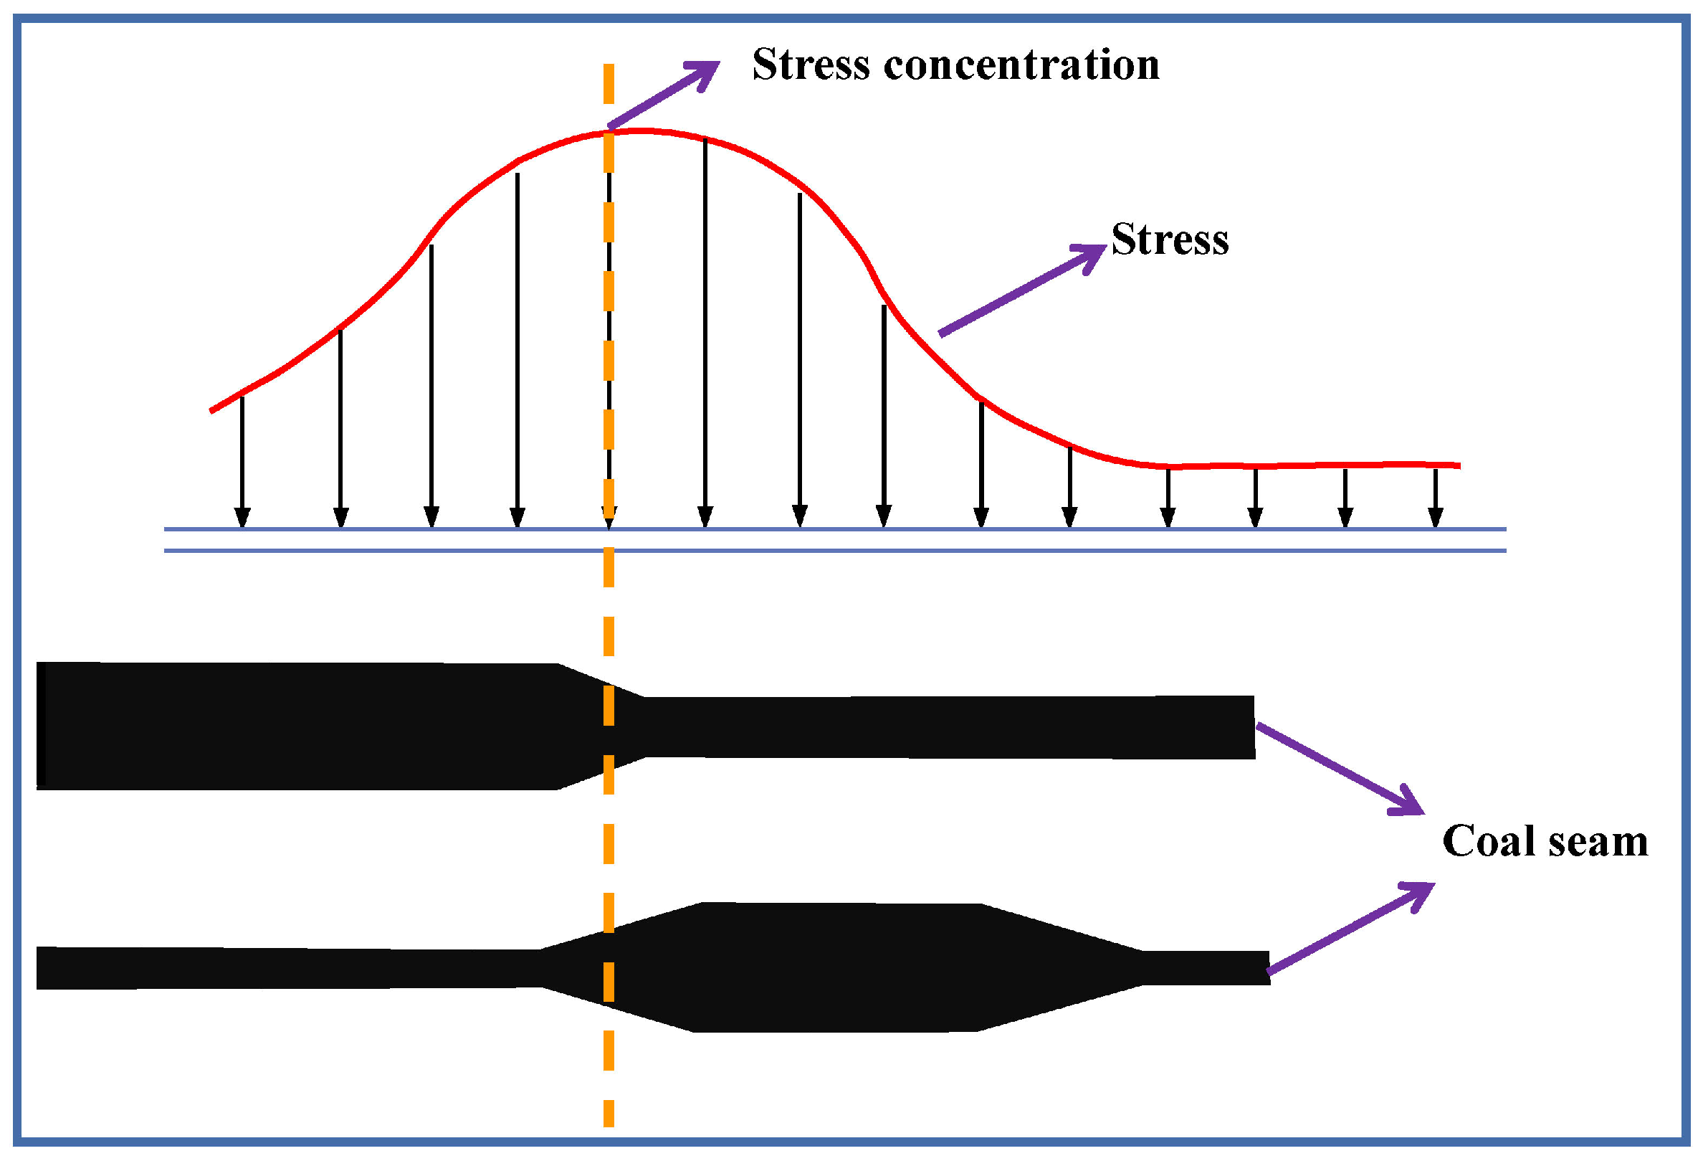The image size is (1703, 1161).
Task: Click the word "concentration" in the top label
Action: click(1021, 65)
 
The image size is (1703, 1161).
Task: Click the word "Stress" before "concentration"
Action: click(811, 65)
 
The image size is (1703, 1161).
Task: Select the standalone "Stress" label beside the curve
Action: click(1170, 239)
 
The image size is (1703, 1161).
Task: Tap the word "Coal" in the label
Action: click(1487, 840)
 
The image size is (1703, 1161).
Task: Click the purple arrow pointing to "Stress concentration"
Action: click(663, 95)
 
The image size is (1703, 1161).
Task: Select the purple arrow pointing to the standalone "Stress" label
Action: click(1022, 290)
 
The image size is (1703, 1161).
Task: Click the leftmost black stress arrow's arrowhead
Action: click(242, 518)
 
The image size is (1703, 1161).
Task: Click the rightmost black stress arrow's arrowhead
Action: click(1436, 518)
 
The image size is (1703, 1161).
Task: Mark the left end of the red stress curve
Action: click(211, 410)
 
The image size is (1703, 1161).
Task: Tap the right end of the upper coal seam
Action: click(1251, 727)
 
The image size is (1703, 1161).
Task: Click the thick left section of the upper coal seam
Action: click(293, 726)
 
